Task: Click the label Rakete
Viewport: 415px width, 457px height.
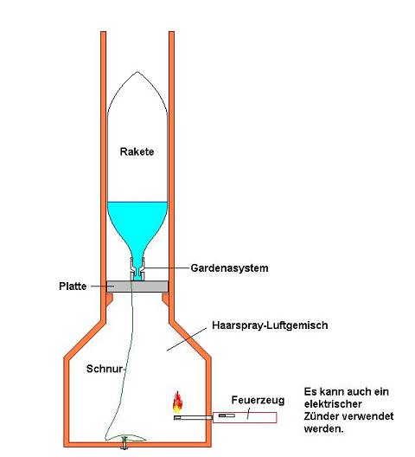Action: point(137,151)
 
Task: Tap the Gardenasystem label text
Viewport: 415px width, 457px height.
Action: point(229,268)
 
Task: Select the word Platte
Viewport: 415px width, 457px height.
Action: point(73,286)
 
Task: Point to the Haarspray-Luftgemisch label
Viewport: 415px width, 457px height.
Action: point(270,325)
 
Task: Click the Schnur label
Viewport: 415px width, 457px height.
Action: point(105,369)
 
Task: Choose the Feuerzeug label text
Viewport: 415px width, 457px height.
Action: point(258,401)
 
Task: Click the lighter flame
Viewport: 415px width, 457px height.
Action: point(177,402)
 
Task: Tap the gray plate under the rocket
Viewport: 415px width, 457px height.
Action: point(137,286)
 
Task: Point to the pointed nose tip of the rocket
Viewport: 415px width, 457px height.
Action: point(138,72)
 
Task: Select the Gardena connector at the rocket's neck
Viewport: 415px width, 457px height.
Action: point(137,268)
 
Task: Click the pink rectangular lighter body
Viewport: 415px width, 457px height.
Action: point(245,418)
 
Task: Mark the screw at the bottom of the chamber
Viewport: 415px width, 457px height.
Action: point(124,443)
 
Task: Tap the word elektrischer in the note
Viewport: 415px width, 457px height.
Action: point(333,404)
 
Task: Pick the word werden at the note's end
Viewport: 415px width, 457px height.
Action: point(324,428)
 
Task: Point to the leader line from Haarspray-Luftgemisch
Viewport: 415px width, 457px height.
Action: point(187,339)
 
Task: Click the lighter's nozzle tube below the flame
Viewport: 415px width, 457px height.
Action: point(194,418)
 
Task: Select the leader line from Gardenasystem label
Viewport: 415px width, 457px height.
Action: point(167,267)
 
